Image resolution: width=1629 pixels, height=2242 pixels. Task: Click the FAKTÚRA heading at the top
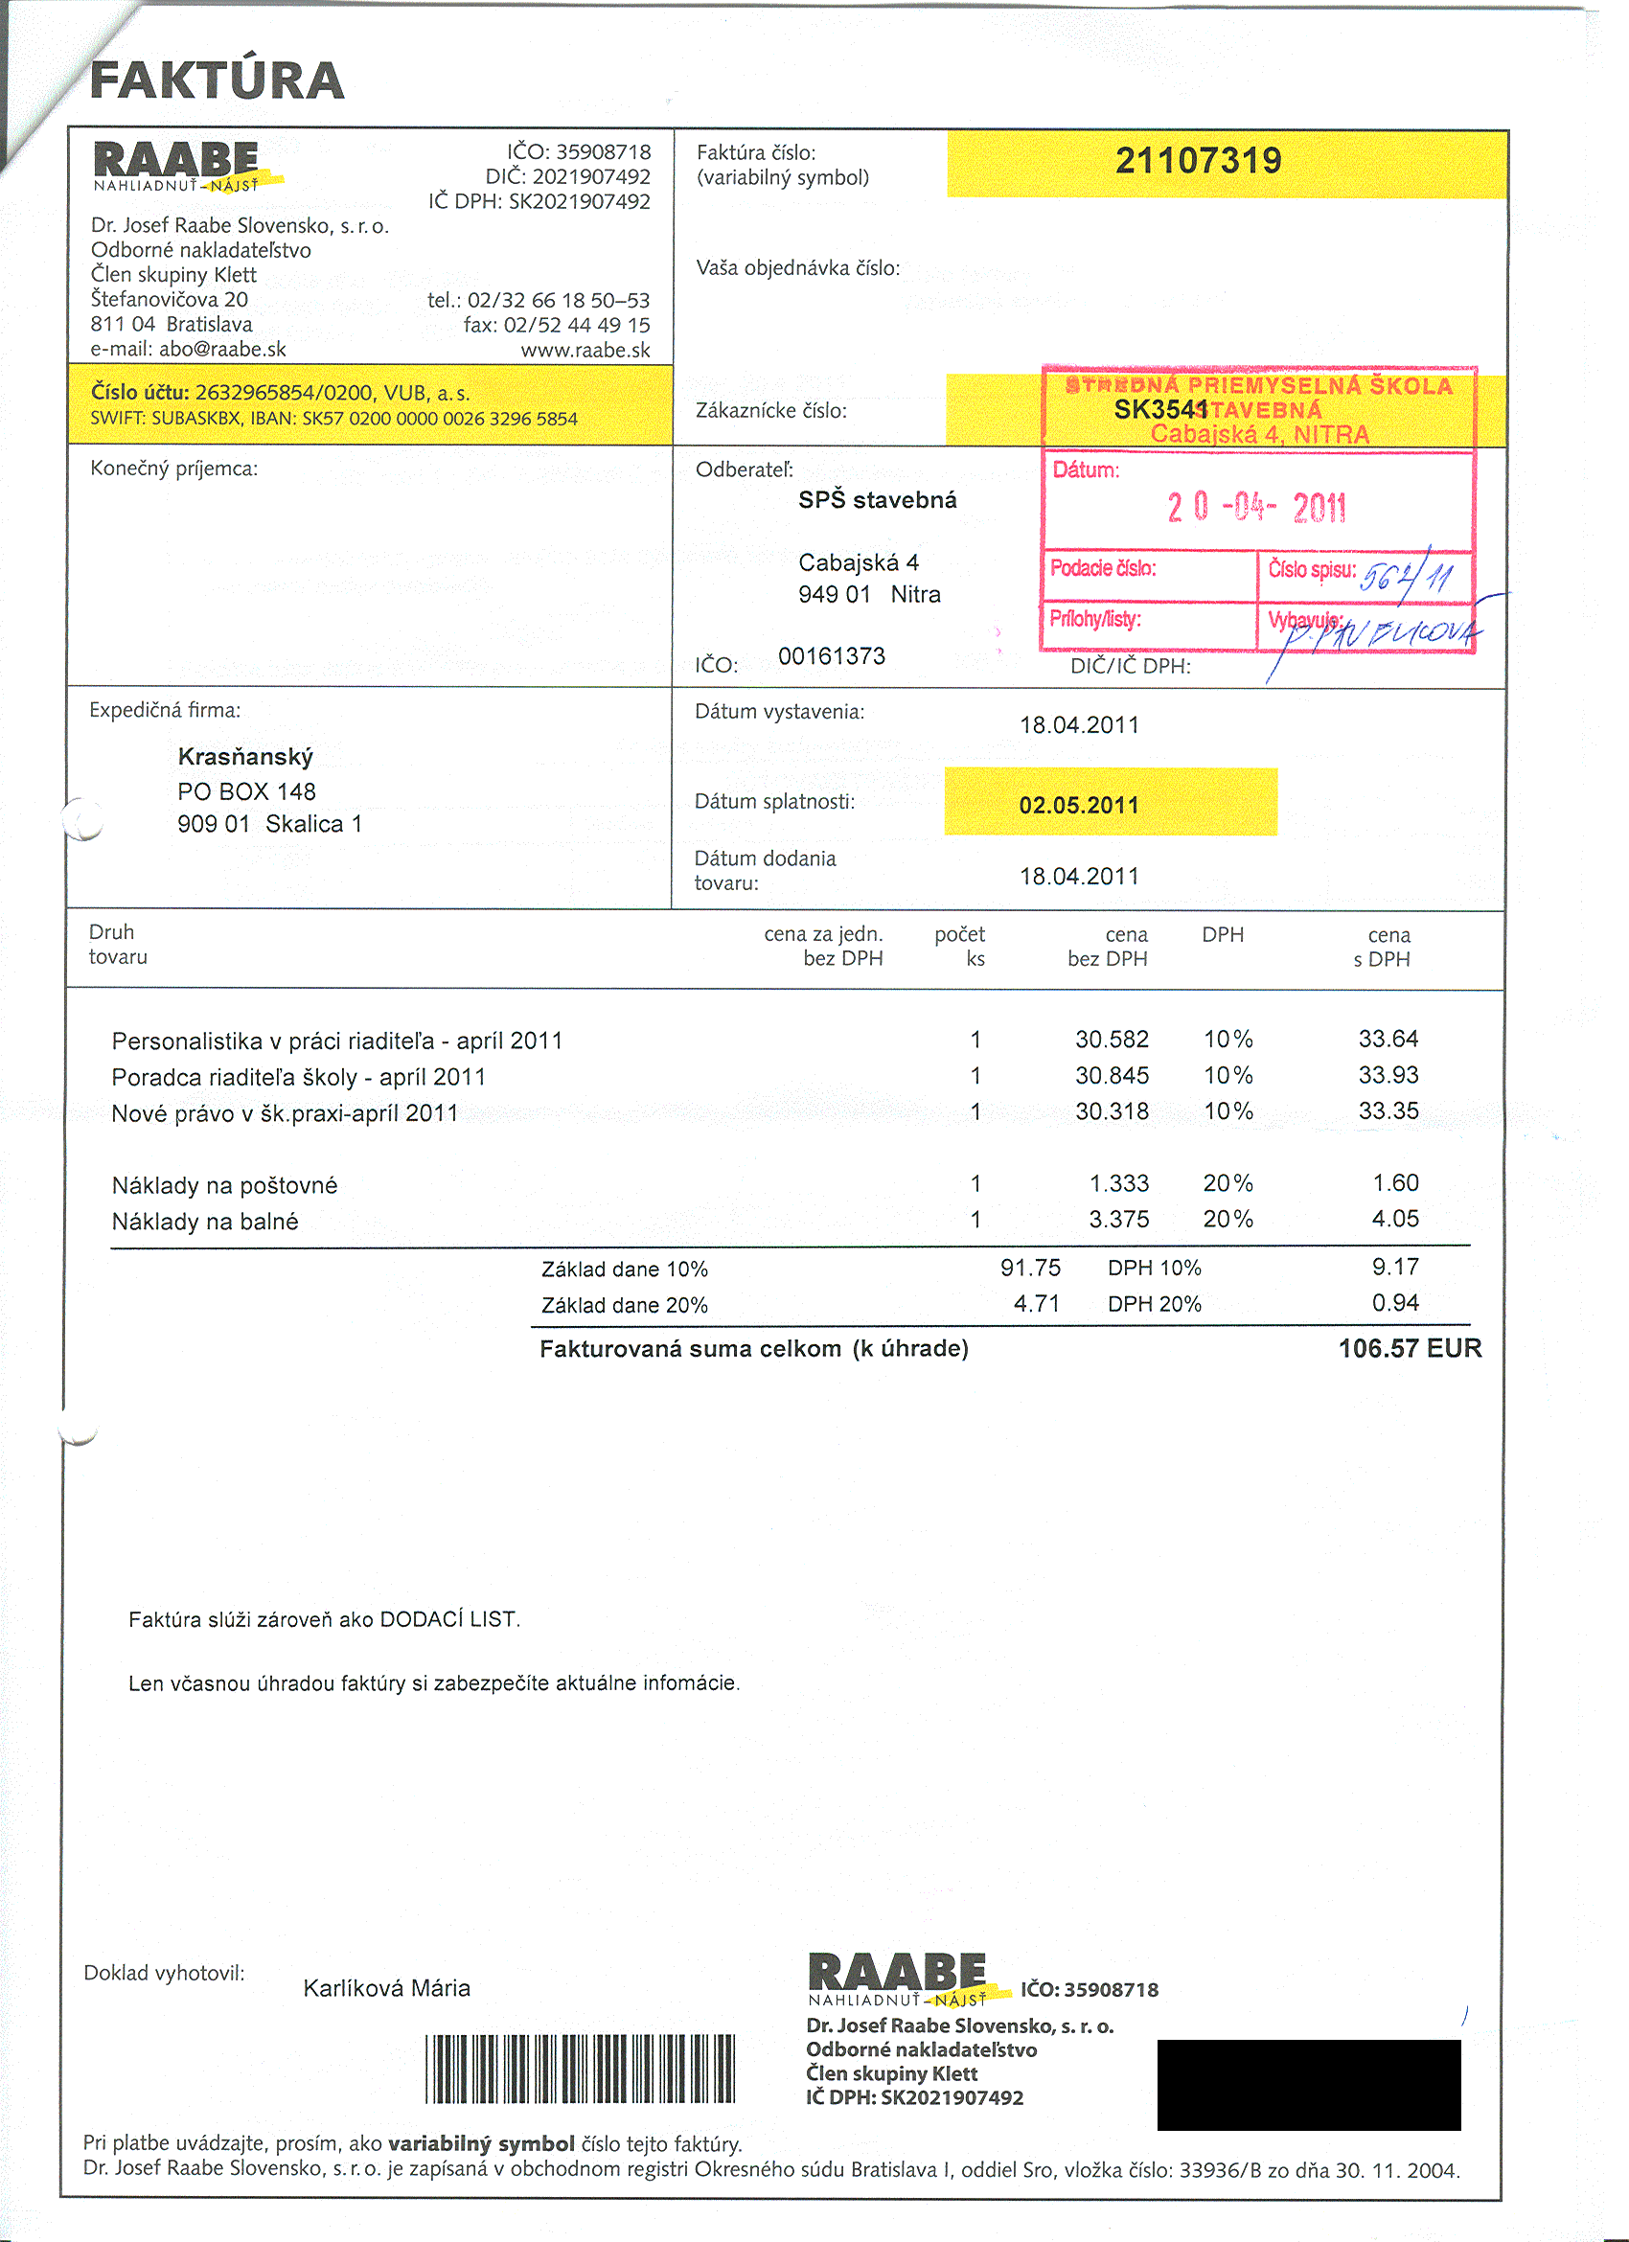click(217, 81)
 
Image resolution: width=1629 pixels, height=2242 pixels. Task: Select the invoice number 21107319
click(1198, 161)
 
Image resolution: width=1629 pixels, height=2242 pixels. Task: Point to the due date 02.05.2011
click(1078, 805)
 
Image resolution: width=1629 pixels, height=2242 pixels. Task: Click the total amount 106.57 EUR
click(1410, 1348)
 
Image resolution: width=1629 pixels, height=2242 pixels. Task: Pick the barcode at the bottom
click(581, 2069)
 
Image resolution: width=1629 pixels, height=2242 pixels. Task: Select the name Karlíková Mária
click(386, 1988)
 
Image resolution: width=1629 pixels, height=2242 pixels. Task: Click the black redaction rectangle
click(1308, 2084)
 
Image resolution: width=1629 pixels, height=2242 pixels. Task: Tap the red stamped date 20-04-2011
click(1255, 508)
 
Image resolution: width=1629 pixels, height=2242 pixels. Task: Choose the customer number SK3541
click(1159, 410)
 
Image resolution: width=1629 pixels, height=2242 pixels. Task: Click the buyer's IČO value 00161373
click(832, 656)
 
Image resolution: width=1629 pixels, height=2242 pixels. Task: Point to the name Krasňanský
click(245, 757)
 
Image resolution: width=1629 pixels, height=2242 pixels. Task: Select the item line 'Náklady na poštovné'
click(224, 1185)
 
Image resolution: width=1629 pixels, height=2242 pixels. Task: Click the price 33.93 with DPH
click(1388, 1076)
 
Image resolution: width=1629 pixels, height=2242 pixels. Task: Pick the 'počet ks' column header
click(960, 946)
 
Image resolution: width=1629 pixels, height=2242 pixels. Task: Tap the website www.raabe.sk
click(585, 350)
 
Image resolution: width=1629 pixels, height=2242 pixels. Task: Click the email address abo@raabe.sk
click(222, 349)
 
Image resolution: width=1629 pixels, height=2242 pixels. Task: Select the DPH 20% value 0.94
click(1395, 1303)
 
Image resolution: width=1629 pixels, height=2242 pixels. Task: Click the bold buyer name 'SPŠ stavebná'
click(877, 500)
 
